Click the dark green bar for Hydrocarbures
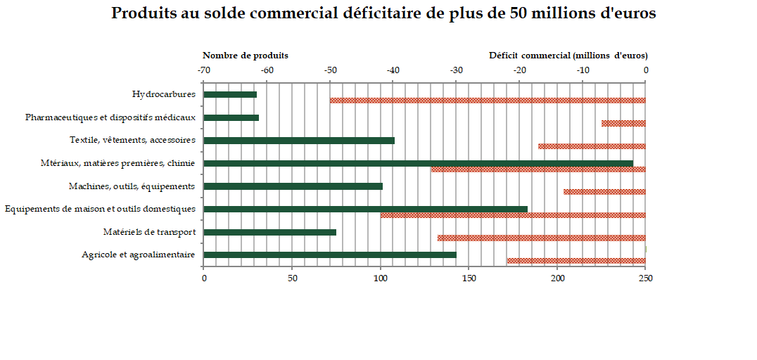click(x=230, y=94)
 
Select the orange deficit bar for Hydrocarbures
click(x=488, y=101)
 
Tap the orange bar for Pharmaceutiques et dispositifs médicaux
click(x=623, y=123)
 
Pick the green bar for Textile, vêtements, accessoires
click(x=299, y=140)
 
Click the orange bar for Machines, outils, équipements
click(x=604, y=192)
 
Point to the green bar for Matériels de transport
click(x=269, y=232)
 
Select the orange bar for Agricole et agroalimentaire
click(x=576, y=261)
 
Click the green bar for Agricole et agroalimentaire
click(x=330, y=255)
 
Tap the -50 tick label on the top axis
click(x=330, y=70)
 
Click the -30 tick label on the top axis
click(x=457, y=70)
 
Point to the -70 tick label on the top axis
click(x=203, y=70)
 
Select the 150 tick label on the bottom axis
click(x=469, y=278)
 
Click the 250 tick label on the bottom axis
click(x=646, y=278)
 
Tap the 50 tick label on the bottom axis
click(x=292, y=278)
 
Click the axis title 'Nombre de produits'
click(x=246, y=55)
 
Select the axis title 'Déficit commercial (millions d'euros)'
click(x=568, y=55)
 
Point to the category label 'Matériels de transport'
click(x=149, y=232)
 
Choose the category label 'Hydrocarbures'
click(x=163, y=94)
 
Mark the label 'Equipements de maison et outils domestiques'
click(x=100, y=209)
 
